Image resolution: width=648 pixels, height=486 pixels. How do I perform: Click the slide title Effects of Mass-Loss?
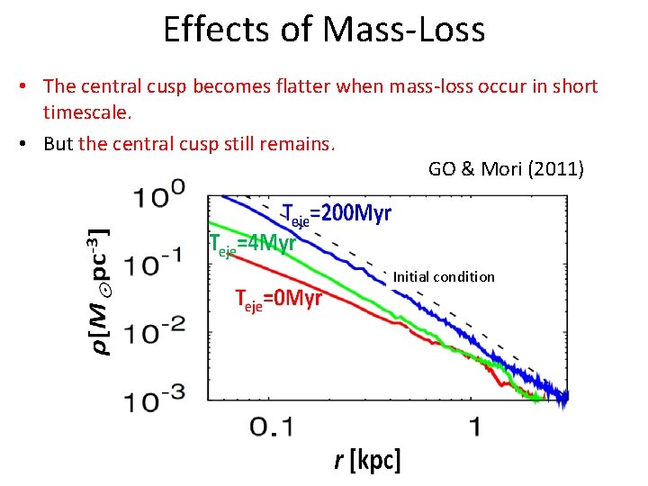point(324,30)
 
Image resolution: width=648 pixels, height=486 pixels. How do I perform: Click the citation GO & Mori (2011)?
point(506,168)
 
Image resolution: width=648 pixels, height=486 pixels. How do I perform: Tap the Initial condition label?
point(444,277)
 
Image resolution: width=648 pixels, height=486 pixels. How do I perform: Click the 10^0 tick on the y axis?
point(162,193)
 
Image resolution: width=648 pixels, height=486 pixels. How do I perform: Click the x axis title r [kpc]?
point(366,461)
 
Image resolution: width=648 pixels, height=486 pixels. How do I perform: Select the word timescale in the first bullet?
point(85,113)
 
